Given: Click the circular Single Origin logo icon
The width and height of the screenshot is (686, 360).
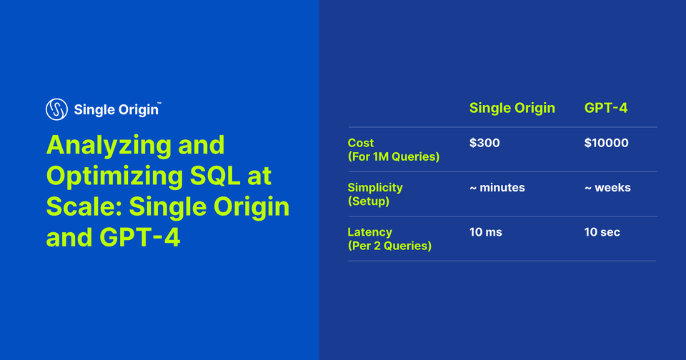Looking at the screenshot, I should (x=56, y=109).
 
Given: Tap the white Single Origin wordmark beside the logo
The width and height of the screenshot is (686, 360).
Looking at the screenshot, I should (x=116, y=110).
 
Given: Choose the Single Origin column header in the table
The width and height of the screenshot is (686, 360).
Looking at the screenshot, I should (x=512, y=108).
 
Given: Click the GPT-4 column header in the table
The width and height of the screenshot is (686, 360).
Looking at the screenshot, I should (x=606, y=108).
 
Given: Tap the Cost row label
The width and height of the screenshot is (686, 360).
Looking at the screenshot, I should (x=361, y=143).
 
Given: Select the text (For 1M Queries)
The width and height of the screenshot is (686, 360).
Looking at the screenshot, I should (x=393, y=156).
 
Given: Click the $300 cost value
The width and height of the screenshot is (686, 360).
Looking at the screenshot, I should (x=484, y=143).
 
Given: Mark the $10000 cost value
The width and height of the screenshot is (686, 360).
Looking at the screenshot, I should (x=606, y=143).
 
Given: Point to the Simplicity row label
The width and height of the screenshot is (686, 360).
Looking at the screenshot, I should (x=375, y=187).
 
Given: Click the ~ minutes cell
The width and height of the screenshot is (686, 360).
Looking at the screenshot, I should (x=497, y=187).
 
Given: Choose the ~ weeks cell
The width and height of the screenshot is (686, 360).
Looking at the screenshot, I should (x=607, y=187).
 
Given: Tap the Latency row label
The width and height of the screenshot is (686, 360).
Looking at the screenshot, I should (x=369, y=232).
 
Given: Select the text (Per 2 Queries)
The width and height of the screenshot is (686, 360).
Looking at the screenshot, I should (x=389, y=246).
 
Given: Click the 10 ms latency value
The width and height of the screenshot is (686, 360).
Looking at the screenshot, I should (x=487, y=232).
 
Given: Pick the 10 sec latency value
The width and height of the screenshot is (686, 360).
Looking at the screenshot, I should (x=602, y=232).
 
